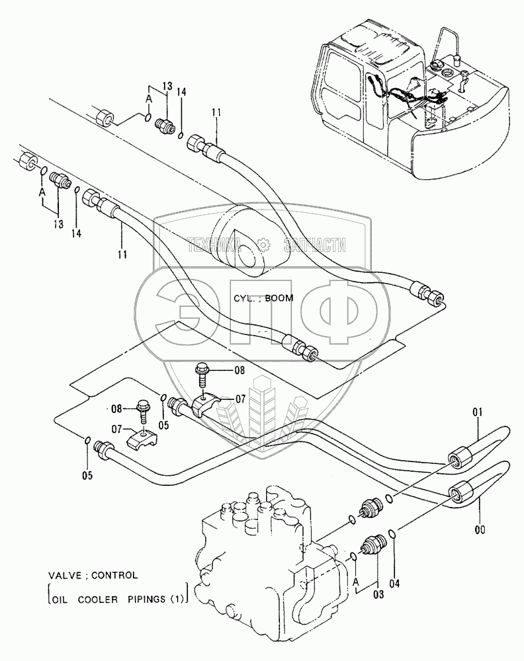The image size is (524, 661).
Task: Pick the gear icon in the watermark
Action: click(x=263, y=245)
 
